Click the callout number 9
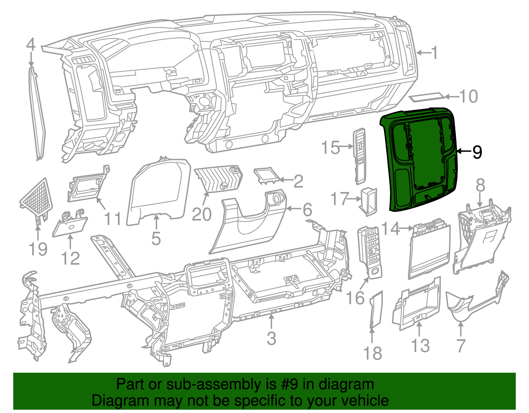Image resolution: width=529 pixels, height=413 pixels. (477, 152)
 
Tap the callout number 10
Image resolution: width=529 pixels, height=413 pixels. (468, 97)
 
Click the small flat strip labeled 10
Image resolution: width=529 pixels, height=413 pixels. (427, 98)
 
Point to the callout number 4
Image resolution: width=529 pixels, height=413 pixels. (31, 45)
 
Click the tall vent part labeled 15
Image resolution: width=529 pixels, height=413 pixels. (360, 155)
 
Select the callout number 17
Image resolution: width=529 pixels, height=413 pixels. (340, 199)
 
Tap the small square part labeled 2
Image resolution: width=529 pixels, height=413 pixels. (266, 175)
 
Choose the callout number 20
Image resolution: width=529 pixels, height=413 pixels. (201, 215)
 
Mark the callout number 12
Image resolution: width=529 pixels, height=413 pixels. (70, 259)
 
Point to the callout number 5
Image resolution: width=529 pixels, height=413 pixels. (156, 238)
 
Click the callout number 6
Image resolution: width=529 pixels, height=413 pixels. (307, 210)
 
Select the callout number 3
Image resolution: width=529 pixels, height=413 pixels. (271, 338)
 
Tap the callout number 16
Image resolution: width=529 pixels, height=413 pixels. (355, 298)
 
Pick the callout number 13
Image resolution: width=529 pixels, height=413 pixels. (420, 346)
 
